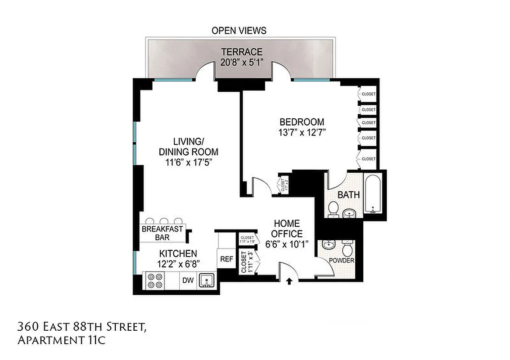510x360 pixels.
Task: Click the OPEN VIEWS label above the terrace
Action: point(239,31)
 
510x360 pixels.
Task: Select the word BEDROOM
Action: point(302,122)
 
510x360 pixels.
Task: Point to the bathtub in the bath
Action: point(373,195)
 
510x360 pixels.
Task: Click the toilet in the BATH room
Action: point(334,209)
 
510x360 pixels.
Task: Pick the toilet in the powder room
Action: point(348,249)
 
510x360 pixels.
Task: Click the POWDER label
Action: point(342,261)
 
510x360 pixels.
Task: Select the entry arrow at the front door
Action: point(289,281)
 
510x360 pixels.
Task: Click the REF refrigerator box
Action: point(226,259)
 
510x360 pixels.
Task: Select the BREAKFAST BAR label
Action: point(162,233)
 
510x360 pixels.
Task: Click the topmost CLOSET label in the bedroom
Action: point(369,94)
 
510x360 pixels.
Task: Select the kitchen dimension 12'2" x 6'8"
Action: point(179,264)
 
